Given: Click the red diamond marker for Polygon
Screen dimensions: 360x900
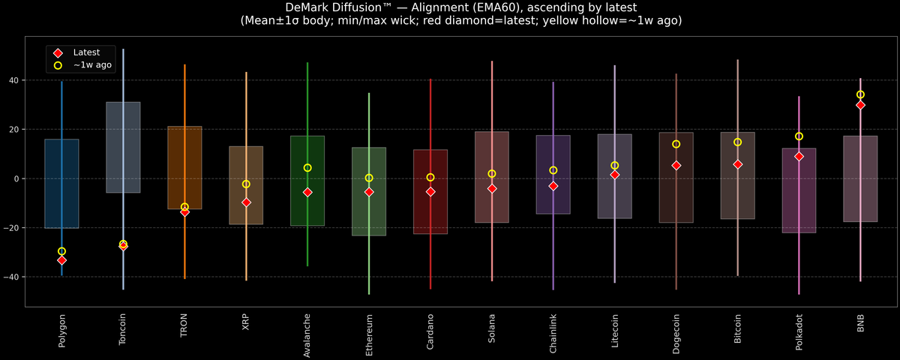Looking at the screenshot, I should click(61, 260).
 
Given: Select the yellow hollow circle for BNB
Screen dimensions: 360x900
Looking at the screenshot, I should click(860, 95).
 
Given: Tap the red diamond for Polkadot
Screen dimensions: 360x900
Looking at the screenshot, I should click(799, 157).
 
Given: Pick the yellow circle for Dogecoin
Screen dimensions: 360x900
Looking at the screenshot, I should click(676, 144).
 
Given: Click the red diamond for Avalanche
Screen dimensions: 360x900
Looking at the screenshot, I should click(307, 192).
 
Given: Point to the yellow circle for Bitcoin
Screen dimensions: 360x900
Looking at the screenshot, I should click(737, 142).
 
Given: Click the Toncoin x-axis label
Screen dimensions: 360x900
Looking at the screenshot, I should click(123, 329).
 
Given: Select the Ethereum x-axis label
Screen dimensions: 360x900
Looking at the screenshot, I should click(369, 332).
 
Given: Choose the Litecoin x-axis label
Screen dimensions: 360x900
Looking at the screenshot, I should click(615, 331).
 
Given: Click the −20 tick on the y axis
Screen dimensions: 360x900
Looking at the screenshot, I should click(12, 228).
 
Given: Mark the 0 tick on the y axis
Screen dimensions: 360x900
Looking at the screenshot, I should click(18, 178).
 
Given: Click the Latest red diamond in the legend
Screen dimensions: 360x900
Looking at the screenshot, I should click(58, 52).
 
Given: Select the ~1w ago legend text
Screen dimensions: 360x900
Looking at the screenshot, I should click(92, 65).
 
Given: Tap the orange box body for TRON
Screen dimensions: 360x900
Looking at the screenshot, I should click(184, 150).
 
